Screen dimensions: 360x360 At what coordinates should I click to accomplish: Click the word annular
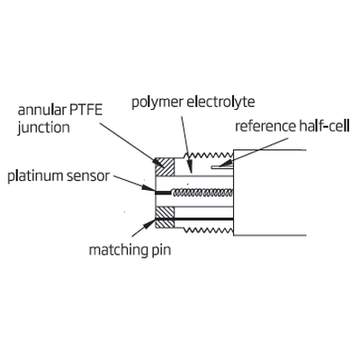41,110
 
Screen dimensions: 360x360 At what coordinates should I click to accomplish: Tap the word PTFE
86,110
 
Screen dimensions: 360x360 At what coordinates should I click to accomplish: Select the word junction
43,128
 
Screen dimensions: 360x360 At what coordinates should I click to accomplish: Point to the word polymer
157,103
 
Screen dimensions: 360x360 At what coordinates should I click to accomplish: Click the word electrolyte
220,102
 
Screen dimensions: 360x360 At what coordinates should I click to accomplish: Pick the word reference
265,126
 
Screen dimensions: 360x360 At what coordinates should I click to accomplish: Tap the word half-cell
324,126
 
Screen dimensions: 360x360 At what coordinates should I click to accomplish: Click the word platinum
35,175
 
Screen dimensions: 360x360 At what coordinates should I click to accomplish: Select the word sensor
87,176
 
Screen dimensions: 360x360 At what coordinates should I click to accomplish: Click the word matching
117,250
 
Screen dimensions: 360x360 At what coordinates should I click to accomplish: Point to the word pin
160,251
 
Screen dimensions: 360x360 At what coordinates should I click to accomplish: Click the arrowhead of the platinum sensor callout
148,188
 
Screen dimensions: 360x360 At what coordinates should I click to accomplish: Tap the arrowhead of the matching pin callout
149,224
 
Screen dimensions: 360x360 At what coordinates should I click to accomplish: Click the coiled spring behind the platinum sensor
202,193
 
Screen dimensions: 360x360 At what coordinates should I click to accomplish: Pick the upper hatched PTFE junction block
165,167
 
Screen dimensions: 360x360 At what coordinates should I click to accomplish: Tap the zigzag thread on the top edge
208,155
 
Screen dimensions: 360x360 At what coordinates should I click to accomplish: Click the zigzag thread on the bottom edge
208,230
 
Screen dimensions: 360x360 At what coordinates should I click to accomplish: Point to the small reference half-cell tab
221,166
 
